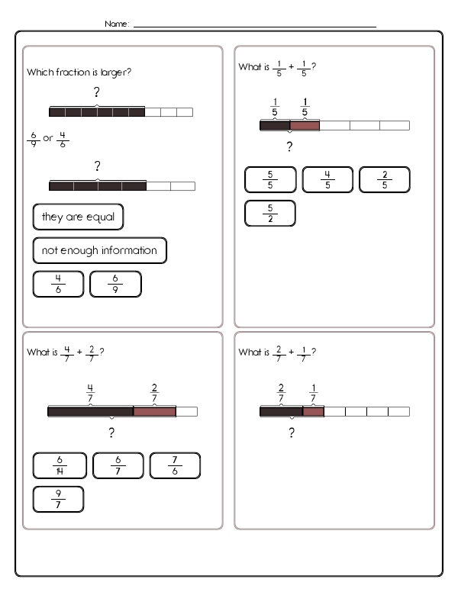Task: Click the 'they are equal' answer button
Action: [x=78, y=217]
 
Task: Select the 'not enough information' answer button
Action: [x=99, y=250]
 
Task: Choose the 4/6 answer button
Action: [x=59, y=284]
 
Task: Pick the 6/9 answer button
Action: [x=116, y=284]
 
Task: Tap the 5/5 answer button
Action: [x=269, y=180]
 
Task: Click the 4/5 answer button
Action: [x=327, y=180]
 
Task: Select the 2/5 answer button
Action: [x=385, y=180]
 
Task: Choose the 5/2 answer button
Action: [x=269, y=213]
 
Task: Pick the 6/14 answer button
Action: [x=59, y=465]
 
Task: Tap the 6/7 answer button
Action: [x=117, y=465]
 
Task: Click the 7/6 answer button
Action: [x=175, y=465]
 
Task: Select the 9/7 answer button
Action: [x=59, y=499]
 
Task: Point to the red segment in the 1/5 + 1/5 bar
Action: [x=305, y=125]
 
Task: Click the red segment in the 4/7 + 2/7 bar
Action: [x=154, y=411]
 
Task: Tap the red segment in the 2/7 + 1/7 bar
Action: [x=313, y=411]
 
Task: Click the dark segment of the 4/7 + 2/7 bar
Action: [x=90, y=411]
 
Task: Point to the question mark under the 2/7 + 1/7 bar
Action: [x=291, y=434]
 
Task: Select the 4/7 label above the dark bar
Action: [x=90, y=394]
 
